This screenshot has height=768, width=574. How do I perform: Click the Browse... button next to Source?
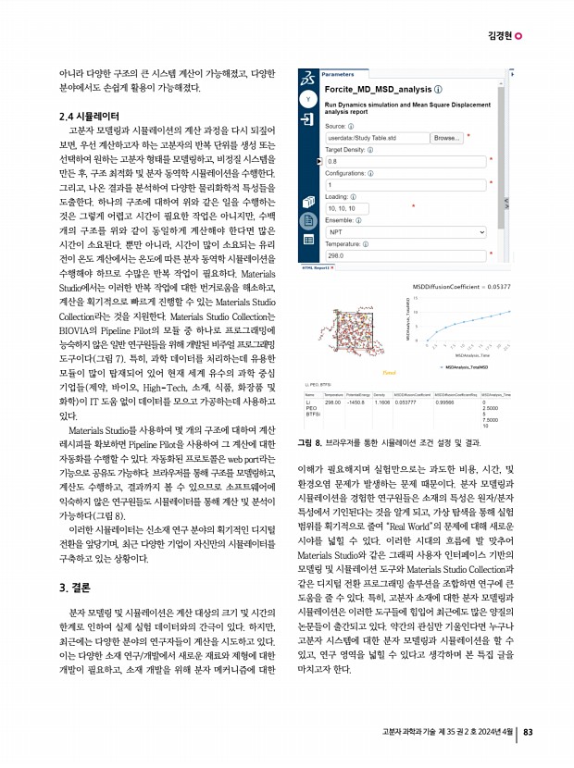tap(447, 138)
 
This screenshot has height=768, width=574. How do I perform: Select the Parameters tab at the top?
tap(337, 73)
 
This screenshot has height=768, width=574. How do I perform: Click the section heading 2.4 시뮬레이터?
tap(84, 118)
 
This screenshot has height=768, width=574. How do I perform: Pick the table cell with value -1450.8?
tap(356, 403)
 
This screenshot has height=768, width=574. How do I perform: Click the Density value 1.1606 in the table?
tap(381, 403)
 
